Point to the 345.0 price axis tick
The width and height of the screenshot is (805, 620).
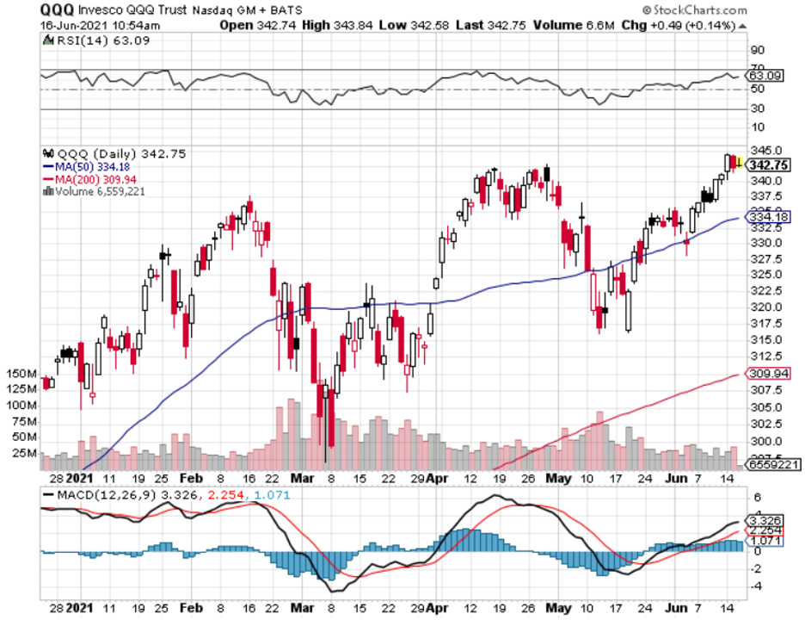click(763, 150)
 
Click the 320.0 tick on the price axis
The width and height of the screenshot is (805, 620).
click(763, 307)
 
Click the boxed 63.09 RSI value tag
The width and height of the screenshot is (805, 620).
click(765, 76)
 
